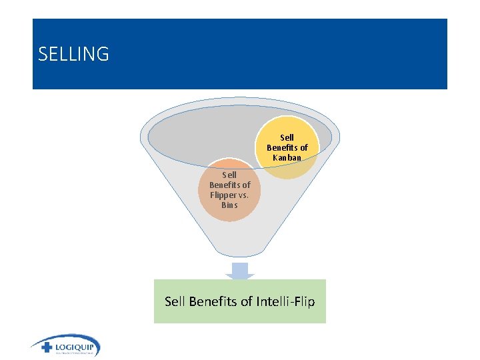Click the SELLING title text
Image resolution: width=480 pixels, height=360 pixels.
click(73, 54)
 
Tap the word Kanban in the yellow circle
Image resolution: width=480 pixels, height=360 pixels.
click(287, 158)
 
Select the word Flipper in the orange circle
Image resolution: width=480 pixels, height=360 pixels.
click(221, 195)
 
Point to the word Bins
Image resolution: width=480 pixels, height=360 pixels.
click(229, 205)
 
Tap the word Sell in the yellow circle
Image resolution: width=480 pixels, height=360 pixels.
click(287, 138)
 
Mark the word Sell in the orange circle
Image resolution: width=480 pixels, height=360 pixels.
click(229, 175)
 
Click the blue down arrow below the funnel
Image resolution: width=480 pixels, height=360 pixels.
click(240, 271)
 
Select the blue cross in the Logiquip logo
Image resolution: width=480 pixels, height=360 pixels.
click(46, 347)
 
